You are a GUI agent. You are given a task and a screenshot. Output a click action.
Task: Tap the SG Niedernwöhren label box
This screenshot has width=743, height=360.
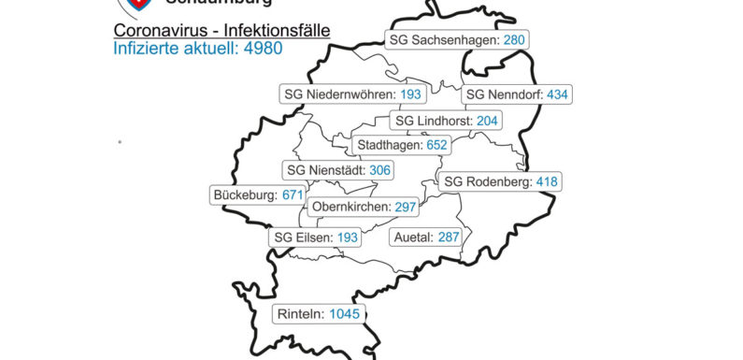(x=353, y=94)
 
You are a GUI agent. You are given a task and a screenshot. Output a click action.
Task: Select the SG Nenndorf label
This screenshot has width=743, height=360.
(x=517, y=94)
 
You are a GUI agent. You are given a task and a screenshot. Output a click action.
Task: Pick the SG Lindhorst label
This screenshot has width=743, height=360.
(x=447, y=121)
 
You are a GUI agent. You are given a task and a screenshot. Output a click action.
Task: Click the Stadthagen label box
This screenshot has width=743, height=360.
(x=402, y=145)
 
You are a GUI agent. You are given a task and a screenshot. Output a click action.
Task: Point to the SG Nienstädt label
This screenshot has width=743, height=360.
(x=338, y=170)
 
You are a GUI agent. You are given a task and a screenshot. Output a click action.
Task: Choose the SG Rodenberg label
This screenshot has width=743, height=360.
(x=500, y=181)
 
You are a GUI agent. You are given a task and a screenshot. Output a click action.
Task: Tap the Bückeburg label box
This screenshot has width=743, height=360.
(x=258, y=194)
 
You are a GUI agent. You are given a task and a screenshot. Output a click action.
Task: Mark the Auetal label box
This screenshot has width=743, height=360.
(x=426, y=238)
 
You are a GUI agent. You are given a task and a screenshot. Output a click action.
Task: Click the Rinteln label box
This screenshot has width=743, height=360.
(x=319, y=314)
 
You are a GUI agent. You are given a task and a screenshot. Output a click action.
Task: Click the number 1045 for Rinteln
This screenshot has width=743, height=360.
(x=342, y=314)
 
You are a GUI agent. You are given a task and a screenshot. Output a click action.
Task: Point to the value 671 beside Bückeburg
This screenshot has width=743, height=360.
(x=293, y=194)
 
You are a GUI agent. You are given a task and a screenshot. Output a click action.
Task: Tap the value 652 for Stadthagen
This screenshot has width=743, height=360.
(x=436, y=145)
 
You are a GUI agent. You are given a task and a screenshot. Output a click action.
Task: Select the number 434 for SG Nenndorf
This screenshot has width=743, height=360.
(x=558, y=94)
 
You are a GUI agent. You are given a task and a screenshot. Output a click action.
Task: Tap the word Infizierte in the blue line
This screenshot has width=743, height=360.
(x=146, y=47)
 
